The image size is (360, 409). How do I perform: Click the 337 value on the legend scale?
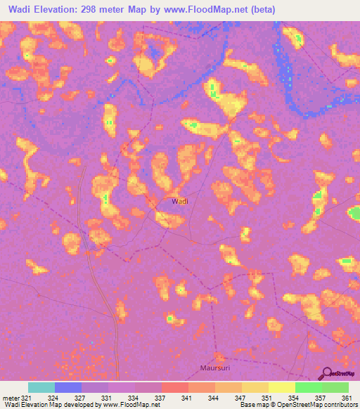[x=160, y=398]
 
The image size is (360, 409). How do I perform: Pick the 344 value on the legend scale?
[x=214, y=398]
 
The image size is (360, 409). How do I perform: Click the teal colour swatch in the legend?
[x=41, y=387]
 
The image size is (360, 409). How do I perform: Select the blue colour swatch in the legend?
[x=68, y=387]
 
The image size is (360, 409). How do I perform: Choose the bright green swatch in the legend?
[x=309, y=387]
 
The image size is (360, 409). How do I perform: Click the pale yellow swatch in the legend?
[x=282, y=387]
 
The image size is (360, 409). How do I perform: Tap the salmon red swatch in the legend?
[x=175, y=387]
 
